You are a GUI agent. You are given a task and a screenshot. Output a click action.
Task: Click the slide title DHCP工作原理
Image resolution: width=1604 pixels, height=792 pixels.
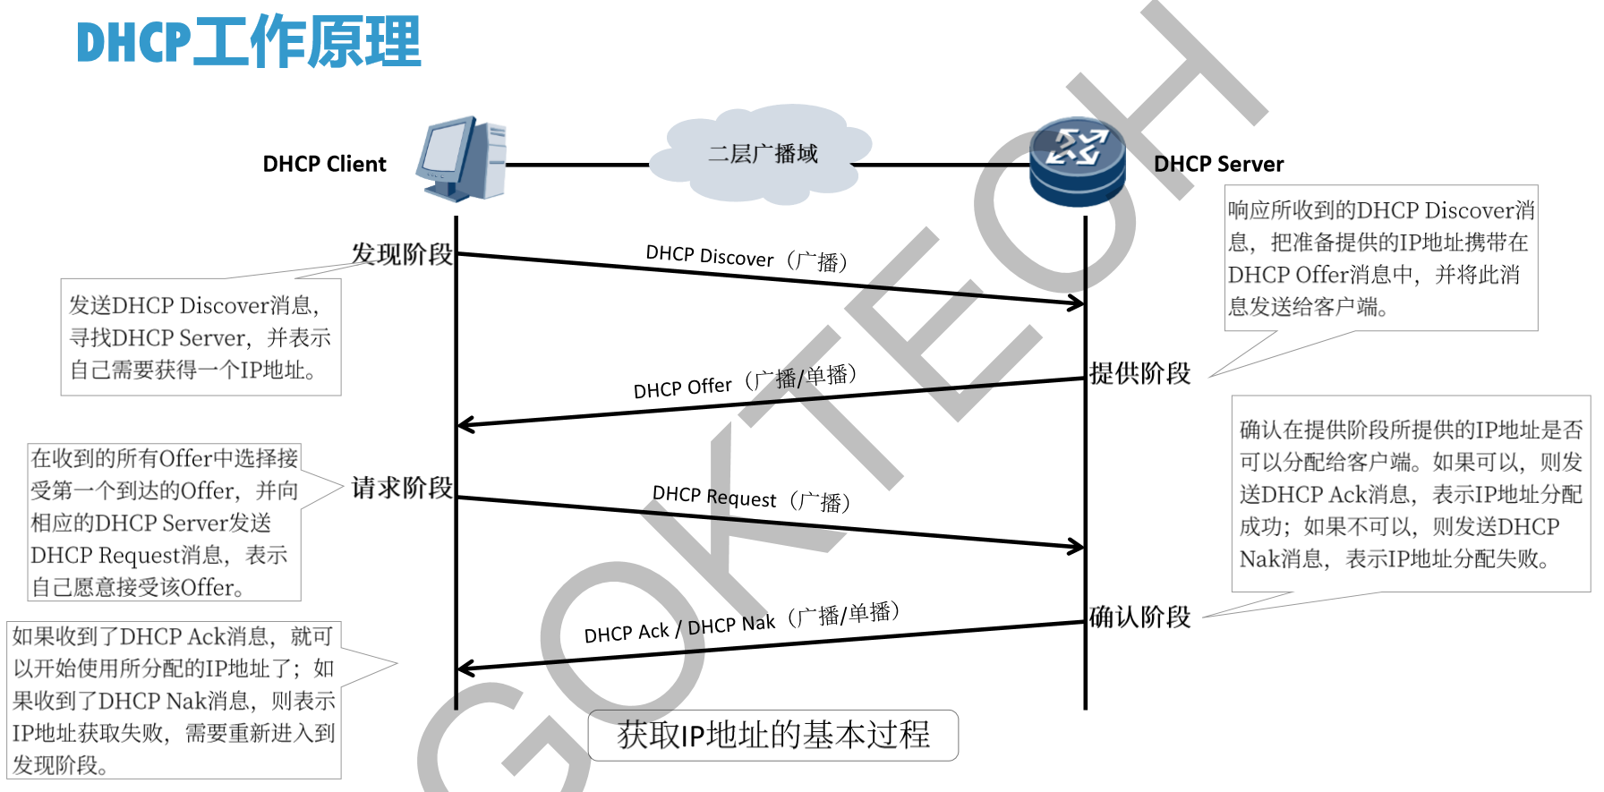(249, 42)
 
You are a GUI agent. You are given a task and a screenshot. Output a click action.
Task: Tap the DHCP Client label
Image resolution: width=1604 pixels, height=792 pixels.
(324, 164)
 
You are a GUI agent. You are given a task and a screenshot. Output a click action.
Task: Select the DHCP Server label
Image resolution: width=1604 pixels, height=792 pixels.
(1218, 164)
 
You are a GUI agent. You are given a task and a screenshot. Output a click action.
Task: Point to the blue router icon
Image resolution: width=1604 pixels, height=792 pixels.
(1077, 162)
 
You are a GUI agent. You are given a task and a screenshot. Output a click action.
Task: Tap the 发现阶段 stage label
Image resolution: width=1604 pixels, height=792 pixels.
(402, 254)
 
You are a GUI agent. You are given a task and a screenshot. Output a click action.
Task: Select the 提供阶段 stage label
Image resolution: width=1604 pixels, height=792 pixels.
(1139, 373)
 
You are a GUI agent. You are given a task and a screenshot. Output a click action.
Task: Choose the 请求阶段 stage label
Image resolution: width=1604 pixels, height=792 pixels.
(402, 488)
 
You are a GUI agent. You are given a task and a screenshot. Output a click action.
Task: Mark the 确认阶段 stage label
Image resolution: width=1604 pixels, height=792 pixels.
(1139, 617)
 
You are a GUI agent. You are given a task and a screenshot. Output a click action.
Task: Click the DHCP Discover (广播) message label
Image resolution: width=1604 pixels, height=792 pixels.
(747, 258)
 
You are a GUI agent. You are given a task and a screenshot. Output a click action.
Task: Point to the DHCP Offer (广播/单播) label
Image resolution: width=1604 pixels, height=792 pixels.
(745, 382)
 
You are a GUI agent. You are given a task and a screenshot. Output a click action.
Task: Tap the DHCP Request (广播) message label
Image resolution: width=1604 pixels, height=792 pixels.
(751, 498)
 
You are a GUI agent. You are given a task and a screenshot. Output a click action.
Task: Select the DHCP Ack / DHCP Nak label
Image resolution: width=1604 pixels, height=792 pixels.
(741, 623)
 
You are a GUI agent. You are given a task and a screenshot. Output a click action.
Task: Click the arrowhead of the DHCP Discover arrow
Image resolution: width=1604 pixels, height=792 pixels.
(1077, 303)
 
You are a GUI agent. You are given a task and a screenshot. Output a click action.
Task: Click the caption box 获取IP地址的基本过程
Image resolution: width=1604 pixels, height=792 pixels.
(773, 735)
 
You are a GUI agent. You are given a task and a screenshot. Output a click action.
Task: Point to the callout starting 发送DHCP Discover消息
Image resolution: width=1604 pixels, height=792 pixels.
(200, 337)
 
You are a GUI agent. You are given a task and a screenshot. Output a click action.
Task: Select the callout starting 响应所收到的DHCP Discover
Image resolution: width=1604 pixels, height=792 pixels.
(1381, 258)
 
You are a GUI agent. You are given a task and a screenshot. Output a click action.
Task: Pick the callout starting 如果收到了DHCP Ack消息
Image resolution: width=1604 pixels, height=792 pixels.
(174, 700)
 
